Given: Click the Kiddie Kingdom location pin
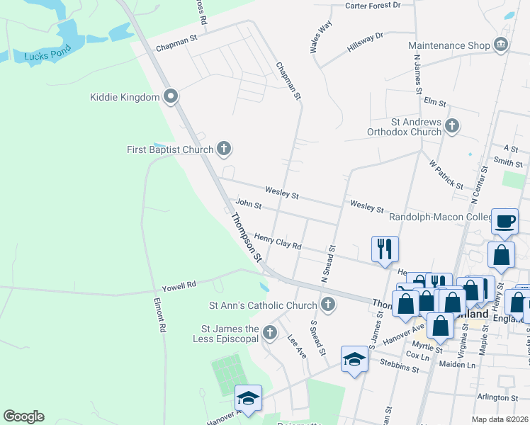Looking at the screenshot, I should point(170,96).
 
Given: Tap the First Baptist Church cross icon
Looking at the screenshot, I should point(224,149).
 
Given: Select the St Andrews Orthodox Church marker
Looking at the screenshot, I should point(451,127).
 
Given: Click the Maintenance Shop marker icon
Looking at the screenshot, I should point(501,45).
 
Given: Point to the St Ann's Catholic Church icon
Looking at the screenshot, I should point(327,305).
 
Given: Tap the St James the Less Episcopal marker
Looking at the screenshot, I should point(269,332).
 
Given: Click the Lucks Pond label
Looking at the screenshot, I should point(45,55).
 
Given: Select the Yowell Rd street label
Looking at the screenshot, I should point(178,285).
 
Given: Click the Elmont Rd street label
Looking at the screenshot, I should point(161,314).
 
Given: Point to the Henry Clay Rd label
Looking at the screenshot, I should point(278,242).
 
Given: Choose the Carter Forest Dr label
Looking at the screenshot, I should point(373,6).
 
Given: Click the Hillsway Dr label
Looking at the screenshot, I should point(365,42).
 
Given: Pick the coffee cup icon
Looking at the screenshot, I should point(505,221).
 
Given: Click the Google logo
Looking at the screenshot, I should point(23,416).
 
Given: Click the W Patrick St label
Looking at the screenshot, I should point(446,174).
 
